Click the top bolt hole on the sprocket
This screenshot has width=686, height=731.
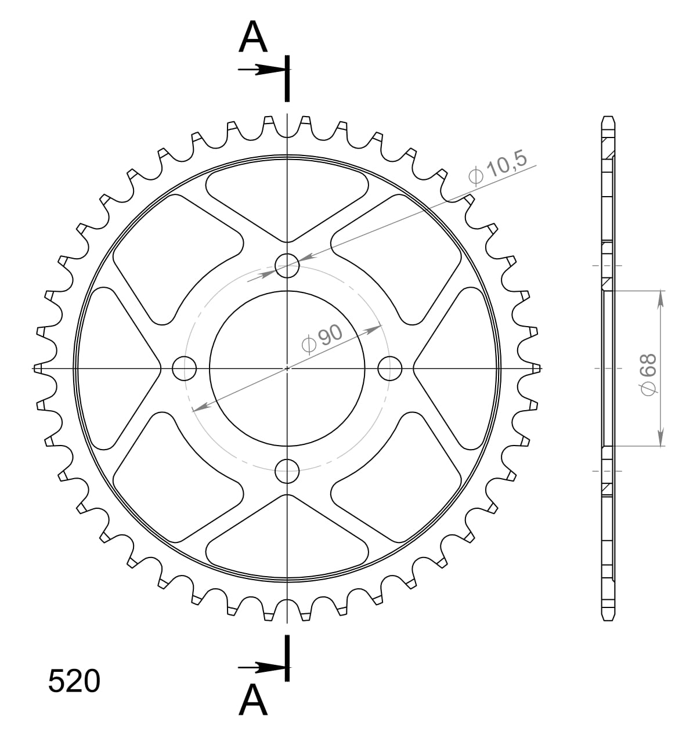click(x=287, y=266)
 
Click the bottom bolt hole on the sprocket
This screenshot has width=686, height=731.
click(x=287, y=470)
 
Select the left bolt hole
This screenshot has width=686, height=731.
click(x=185, y=367)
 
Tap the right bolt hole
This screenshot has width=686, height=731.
click(x=389, y=367)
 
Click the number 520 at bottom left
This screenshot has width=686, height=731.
click(x=74, y=681)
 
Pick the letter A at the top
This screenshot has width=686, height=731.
click(x=254, y=38)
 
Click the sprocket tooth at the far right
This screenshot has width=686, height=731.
click(x=537, y=367)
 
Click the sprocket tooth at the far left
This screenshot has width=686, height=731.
click(x=38, y=368)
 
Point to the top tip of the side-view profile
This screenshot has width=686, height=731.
click(x=607, y=118)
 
